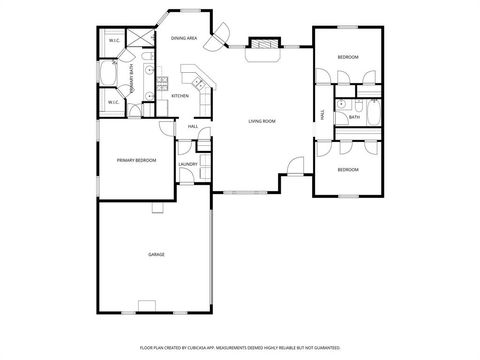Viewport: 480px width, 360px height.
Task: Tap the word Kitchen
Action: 180,96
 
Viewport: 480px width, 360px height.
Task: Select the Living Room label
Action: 262,121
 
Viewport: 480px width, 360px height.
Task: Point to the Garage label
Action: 156,255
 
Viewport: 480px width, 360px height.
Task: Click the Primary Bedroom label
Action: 136,160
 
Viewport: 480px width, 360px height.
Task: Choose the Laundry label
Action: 187,164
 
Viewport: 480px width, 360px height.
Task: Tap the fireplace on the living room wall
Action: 263,45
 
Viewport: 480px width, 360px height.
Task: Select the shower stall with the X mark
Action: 139,41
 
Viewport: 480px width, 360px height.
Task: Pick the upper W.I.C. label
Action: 114,41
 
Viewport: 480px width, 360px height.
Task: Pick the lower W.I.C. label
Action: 114,102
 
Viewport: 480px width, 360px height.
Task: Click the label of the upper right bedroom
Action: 347,58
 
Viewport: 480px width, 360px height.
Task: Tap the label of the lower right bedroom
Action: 347,170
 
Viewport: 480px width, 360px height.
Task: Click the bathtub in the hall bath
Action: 374,114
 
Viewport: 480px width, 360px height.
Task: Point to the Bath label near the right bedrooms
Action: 354,117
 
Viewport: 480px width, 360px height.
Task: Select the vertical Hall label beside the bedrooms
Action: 322,114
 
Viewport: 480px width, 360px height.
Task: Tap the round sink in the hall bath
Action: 341,104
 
